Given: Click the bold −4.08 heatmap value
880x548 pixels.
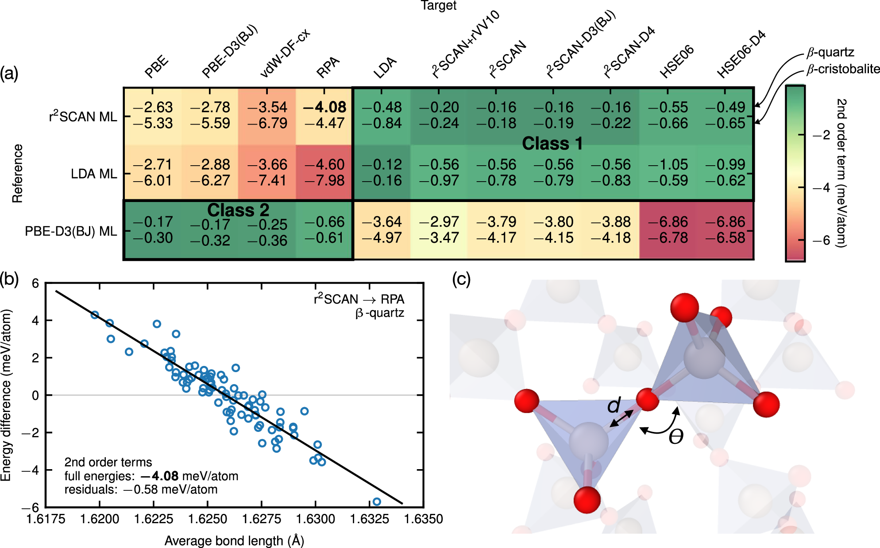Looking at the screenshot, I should pos(324,107).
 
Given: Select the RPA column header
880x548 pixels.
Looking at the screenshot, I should pos(328,67).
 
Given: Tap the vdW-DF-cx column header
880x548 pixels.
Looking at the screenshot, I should pos(285,53).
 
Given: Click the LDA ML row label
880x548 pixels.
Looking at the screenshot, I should pos(94,174).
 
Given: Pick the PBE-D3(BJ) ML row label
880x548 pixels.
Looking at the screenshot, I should pos(71,231).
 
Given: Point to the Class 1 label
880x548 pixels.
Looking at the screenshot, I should pos(552,144).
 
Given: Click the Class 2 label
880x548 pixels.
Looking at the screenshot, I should pos(238,210).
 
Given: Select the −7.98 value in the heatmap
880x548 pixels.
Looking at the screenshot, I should pos(324,181).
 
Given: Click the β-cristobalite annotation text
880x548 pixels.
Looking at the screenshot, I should pos(843,69).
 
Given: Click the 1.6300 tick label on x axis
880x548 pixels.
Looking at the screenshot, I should pos(315,519).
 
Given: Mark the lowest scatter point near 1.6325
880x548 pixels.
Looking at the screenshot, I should pos(377,501).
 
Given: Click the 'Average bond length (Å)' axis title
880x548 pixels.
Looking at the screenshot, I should pos(234,541).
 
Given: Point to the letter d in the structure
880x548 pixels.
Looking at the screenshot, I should pos(614,405).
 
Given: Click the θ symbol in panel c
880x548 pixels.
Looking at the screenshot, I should pos(676,437).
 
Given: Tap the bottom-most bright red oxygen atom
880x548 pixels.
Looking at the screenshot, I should pos(587,500).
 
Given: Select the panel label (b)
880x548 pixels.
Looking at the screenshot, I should pos(10,280).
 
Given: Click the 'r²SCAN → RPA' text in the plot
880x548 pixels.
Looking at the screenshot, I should pos(359,299).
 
